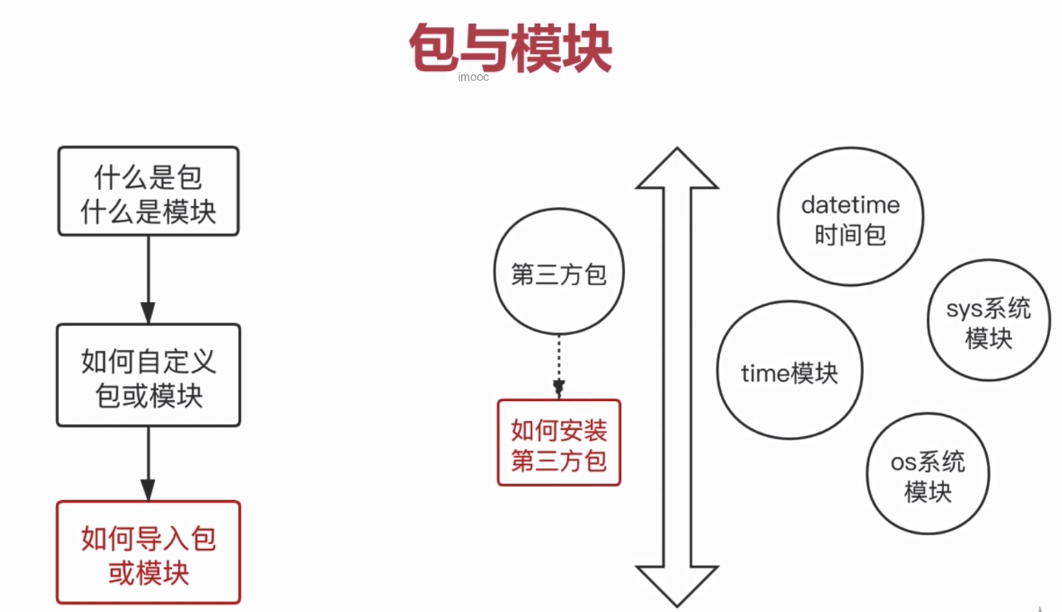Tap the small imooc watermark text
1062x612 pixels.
click(x=473, y=77)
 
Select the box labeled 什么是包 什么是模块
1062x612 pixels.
click(x=149, y=191)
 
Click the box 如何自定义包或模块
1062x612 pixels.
click(x=149, y=375)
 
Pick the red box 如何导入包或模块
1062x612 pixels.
click(x=149, y=552)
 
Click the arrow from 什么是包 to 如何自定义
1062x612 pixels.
click(x=148, y=279)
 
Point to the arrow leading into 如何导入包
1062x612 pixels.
click(x=148, y=463)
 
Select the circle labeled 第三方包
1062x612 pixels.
click(x=559, y=274)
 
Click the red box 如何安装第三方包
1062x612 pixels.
click(x=559, y=443)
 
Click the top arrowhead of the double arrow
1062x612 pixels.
click(x=677, y=170)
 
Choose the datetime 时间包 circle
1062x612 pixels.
click(x=850, y=218)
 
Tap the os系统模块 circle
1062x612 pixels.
click(x=928, y=475)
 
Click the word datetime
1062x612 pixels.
click(x=850, y=205)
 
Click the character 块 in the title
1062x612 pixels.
click(x=588, y=48)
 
